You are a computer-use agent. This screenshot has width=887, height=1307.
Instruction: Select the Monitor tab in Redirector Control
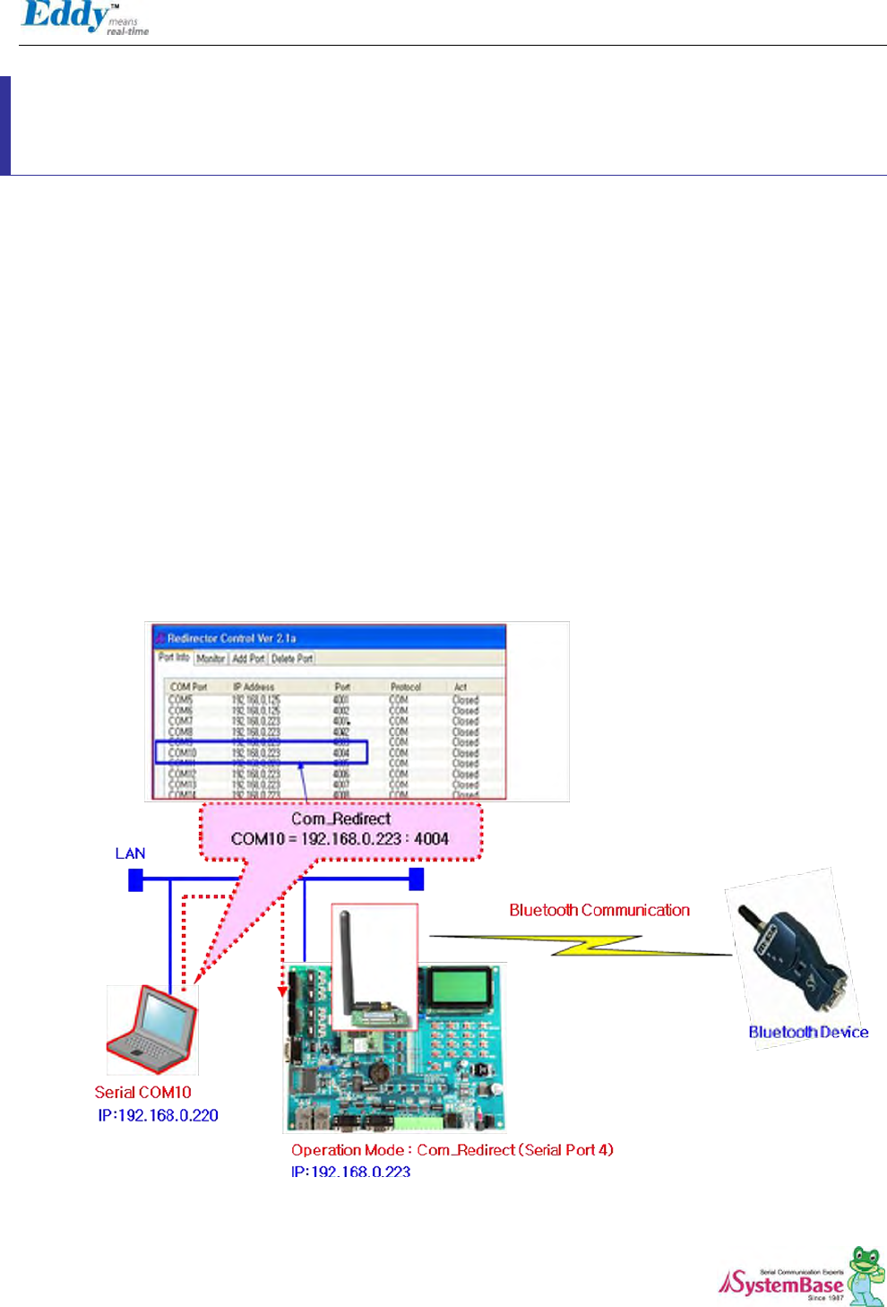pos(211,659)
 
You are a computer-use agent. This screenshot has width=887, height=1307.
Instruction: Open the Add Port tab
pos(248,659)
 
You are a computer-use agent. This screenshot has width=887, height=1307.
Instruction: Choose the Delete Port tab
pos(292,659)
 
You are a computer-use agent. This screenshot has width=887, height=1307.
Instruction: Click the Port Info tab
pos(174,658)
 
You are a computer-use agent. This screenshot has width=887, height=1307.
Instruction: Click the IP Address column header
pos(254,687)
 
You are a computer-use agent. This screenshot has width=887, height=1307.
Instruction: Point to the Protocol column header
pos(405,687)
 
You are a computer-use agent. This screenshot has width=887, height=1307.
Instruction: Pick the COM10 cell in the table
pos(183,753)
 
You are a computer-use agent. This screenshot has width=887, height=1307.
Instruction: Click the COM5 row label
pos(181,699)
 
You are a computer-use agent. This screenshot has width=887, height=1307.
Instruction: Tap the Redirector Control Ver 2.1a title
pos(231,638)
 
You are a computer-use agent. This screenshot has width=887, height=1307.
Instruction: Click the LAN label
pos(130,853)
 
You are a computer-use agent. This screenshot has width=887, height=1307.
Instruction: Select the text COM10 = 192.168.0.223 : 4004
pos(340,839)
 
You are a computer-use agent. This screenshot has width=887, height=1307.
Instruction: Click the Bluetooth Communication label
pos(599,911)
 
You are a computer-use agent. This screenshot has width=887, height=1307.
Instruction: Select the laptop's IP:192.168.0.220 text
pos(158,1116)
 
